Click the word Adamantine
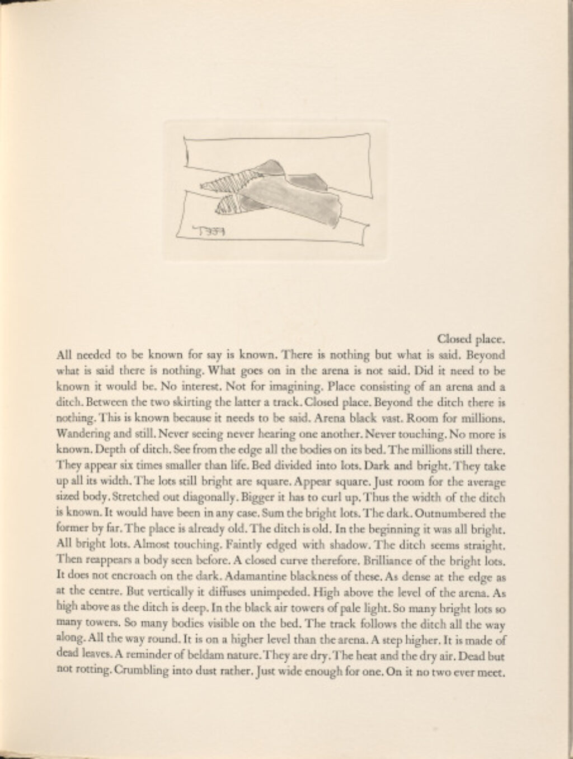pyautogui.click(x=158, y=574)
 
